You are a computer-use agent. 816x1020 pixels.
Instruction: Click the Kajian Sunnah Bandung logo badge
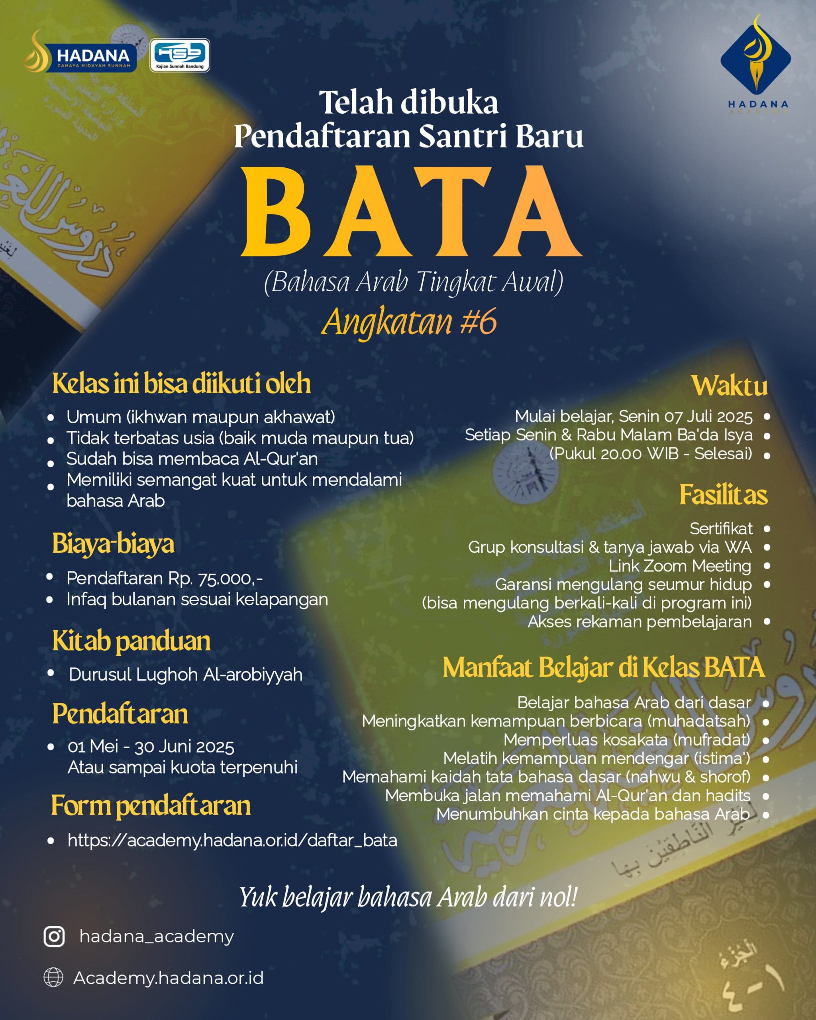pos(180,55)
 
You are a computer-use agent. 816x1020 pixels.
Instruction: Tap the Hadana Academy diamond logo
pos(755,59)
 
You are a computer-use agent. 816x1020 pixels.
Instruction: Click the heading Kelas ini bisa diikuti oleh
pos(181,383)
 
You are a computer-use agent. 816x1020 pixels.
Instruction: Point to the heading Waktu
pos(729,386)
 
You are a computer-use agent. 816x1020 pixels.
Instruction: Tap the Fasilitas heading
pos(723,495)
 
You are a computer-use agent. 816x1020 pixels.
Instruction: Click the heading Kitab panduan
pos(131,641)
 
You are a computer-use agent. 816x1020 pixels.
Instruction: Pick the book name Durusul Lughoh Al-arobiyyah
pos(185,674)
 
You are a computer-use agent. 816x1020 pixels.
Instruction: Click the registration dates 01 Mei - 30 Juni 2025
pos(151,747)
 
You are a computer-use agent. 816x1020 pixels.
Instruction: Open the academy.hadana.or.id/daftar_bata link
pos(232,840)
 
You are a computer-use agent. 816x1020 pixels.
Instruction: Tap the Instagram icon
pos(54,936)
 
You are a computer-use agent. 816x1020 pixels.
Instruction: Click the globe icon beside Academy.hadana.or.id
pos(53,977)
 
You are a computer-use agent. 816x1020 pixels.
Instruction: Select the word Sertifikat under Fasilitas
pos(721,528)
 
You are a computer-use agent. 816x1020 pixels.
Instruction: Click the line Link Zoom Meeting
pos(680,566)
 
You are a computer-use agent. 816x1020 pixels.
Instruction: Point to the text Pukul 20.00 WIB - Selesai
pos(650,453)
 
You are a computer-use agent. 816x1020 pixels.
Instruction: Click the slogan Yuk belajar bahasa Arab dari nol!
pos(408,897)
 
